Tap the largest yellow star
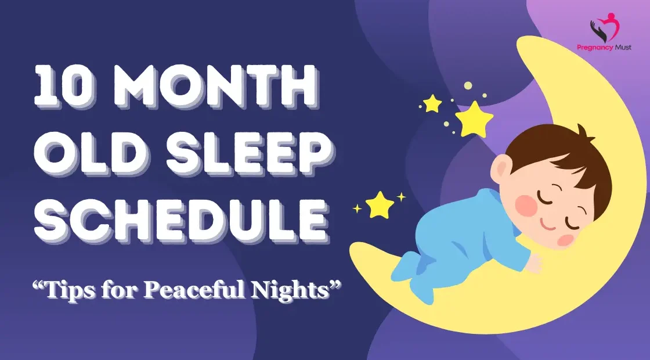click(474, 119)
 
